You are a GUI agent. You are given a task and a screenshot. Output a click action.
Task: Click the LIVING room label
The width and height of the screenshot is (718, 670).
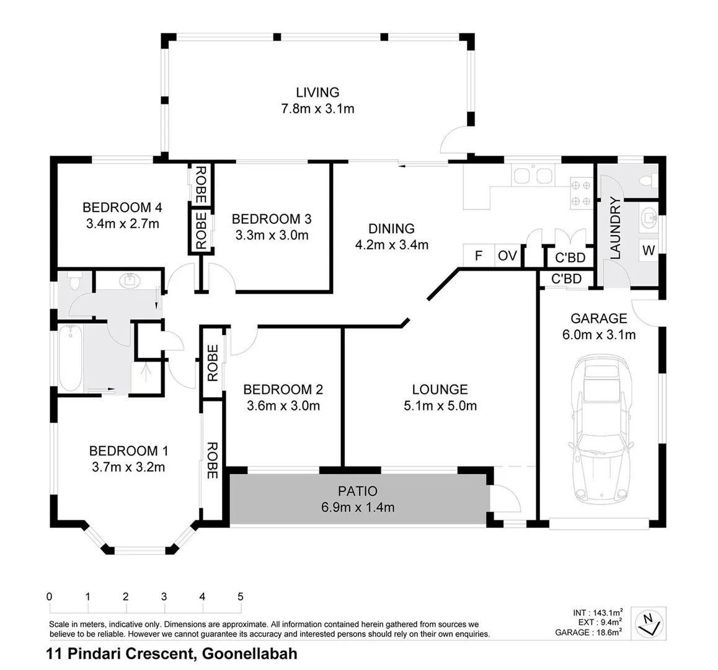point(317,92)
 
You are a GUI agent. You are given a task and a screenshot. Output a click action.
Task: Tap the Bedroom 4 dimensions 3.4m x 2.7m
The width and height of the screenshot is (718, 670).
point(122,224)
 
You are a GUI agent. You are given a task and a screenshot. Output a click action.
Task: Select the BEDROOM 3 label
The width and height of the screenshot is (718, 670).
point(271,219)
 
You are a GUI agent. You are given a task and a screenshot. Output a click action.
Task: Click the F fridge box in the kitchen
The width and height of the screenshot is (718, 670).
point(478,256)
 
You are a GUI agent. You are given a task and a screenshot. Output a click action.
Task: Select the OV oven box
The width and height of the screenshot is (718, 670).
point(508,256)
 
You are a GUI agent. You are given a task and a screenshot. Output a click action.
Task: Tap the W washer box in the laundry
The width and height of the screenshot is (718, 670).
point(648,251)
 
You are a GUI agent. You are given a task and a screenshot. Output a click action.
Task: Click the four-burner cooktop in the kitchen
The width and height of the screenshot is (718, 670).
point(580,192)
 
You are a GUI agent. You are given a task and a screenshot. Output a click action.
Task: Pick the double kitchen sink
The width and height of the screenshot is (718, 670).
point(533,176)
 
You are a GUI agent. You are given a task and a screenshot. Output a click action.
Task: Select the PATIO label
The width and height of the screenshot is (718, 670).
point(358,491)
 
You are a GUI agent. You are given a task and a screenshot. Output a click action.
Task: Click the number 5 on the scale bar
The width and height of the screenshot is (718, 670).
point(241,596)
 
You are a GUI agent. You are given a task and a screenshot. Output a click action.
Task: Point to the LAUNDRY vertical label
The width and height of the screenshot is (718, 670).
point(615,228)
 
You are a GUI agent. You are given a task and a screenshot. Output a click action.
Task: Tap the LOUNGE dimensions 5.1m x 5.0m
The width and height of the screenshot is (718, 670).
point(440,406)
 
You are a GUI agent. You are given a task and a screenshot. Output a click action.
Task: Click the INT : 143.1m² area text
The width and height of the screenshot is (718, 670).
point(598,612)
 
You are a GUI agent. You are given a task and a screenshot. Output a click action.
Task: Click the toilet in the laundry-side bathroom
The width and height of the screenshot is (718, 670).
point(647,181)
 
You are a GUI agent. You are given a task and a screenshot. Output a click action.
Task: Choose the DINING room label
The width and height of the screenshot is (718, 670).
point(391,228)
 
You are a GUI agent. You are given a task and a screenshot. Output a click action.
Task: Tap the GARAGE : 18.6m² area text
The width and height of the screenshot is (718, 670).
point(589,632)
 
